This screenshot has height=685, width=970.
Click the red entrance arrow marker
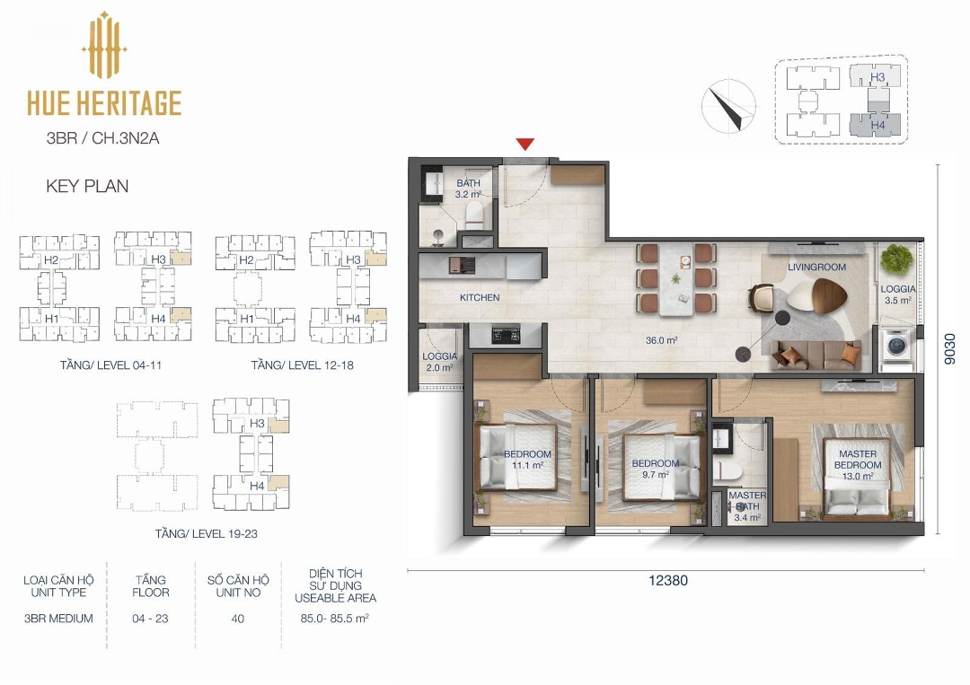click(x=525, y=145)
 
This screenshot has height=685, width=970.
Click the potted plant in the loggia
click(x=895, y=259)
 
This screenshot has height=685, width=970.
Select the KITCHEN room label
click(x=480, y=297)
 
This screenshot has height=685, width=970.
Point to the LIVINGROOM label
click(x=816, y=267)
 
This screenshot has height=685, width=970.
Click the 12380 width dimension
click(x=668, y=581)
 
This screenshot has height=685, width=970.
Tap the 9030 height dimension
click(x=950, y=348)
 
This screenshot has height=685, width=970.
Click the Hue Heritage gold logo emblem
click(x=104, y=45)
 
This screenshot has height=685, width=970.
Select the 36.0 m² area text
click(x=661, y=340)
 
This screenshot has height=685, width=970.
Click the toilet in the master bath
click(x=727, y=471)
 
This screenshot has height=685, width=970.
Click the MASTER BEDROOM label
click(x=858, y=460)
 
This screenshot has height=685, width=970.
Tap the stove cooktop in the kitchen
click(x=506, y=335)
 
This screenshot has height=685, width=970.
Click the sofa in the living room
click(x=816, y=356)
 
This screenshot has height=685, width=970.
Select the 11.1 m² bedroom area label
click(x=528, y=466)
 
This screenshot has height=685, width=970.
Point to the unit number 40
click(x=237, y=619)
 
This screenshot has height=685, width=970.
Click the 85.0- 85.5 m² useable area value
click(x=335, y=619)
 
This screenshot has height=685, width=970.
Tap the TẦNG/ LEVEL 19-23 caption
click(x=206, y=533)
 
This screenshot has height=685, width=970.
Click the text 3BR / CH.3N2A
click(x=102, y=138)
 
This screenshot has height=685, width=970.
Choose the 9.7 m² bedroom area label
click(x=655, y=475)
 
